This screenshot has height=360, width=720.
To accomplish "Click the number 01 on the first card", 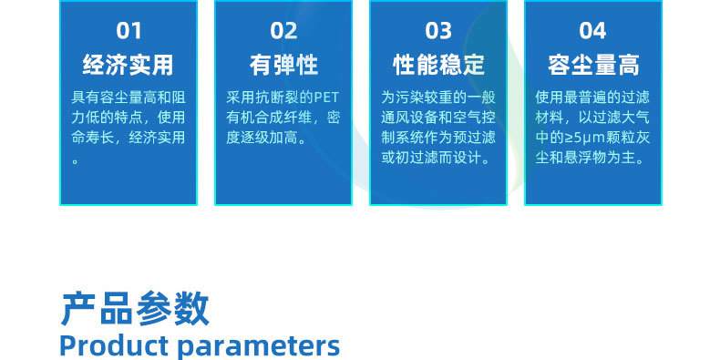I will pos(129,31).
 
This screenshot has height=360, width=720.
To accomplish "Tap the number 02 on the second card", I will pos(283,31).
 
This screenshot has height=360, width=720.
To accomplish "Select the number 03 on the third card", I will pos(438,31).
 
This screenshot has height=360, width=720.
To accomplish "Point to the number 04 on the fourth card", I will pos(592,31).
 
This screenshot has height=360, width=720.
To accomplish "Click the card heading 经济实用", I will pos(129,65).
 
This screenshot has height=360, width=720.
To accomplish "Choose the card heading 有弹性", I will pos(283,65).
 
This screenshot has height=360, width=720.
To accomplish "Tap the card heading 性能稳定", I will pos(438,65).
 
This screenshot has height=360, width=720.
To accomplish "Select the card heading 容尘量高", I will pos(592,65).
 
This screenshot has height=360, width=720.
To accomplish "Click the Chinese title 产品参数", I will pos(135,309).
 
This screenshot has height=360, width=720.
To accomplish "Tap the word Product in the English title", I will pos(113,345).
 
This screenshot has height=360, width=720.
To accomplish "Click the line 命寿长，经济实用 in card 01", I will pos(129,138).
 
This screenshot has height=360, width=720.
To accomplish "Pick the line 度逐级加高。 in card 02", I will pos(266,138).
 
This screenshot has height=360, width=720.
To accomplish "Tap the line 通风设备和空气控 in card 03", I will pos(438,118).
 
